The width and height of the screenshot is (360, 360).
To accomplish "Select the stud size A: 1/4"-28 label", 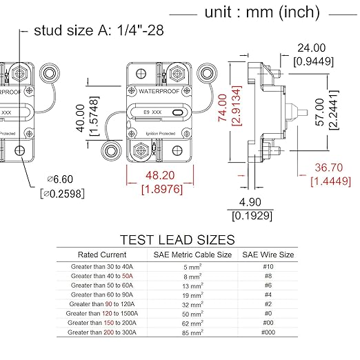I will click(x=99, y=32).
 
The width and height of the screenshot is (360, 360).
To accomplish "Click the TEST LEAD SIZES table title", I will click(x=177, y=240).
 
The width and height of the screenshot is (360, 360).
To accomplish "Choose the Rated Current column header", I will click(x=103, y=254).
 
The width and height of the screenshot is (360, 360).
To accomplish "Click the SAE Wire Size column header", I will click(x=268, y=254).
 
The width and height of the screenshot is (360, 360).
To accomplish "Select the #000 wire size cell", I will click(x=268, y=332).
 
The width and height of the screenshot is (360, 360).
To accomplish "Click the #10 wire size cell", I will click(x=268, y=266).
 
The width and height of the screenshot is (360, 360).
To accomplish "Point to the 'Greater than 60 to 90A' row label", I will click(x=103, y=294).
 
